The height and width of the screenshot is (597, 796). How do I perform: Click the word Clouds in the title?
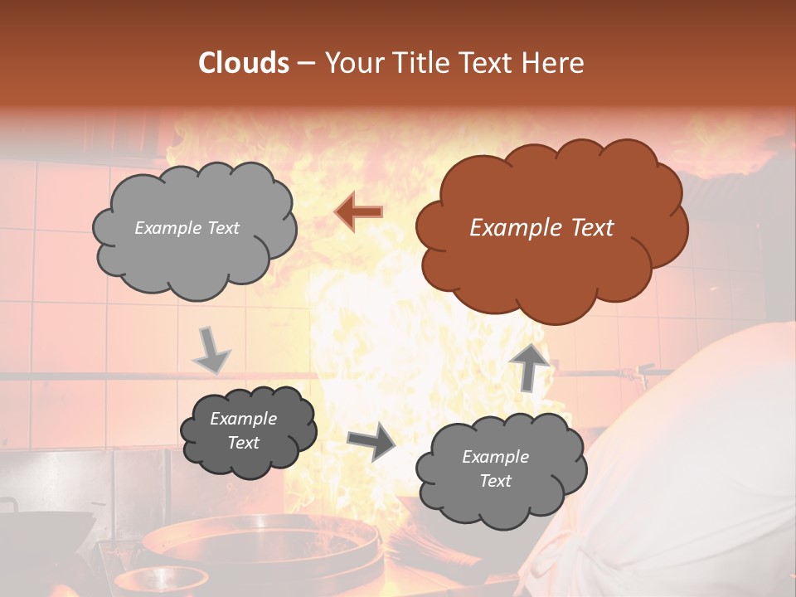(244, 63)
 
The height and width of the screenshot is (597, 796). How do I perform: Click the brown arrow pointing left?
(358, 212)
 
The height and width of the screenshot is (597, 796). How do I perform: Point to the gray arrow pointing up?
(528, 366)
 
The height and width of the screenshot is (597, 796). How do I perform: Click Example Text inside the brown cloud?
(541, 228)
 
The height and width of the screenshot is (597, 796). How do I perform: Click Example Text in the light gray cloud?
(187, 228)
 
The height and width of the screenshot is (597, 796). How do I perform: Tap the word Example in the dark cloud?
(243, 420)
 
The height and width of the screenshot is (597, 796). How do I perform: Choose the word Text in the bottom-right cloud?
(495, 481)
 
